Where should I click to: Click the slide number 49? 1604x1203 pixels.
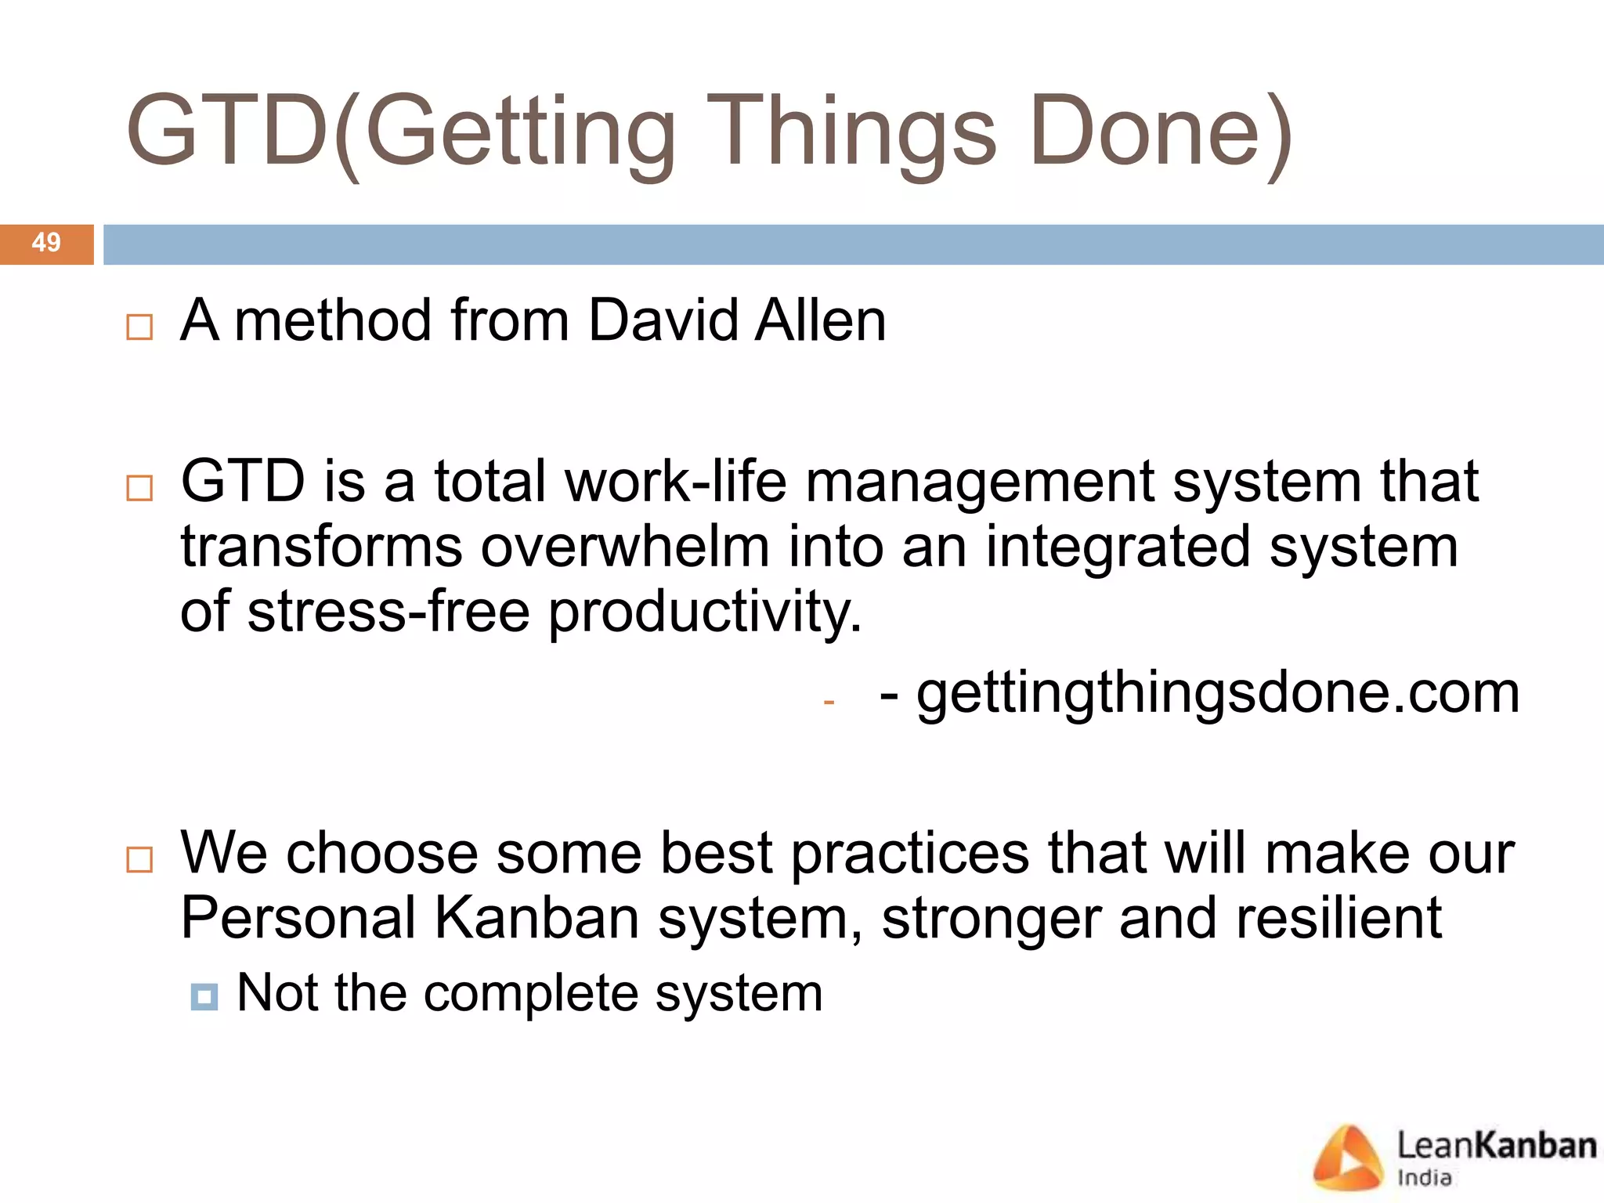click(x=46, y=243)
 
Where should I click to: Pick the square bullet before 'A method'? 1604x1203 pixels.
click(x=139, y=327)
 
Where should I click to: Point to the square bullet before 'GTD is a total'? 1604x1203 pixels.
click(x=139, y=488)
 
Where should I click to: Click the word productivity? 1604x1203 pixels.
click(x=704, y=613)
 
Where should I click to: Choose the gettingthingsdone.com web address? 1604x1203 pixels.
click(x=1218, y=693)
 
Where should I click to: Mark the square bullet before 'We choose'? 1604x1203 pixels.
click(x=139, y=859)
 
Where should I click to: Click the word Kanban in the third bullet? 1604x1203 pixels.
click(x=536, y=918)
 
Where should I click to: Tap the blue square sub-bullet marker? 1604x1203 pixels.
click(x=204, y=997)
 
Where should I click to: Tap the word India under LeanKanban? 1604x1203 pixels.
click(x=1425, y=1178)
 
